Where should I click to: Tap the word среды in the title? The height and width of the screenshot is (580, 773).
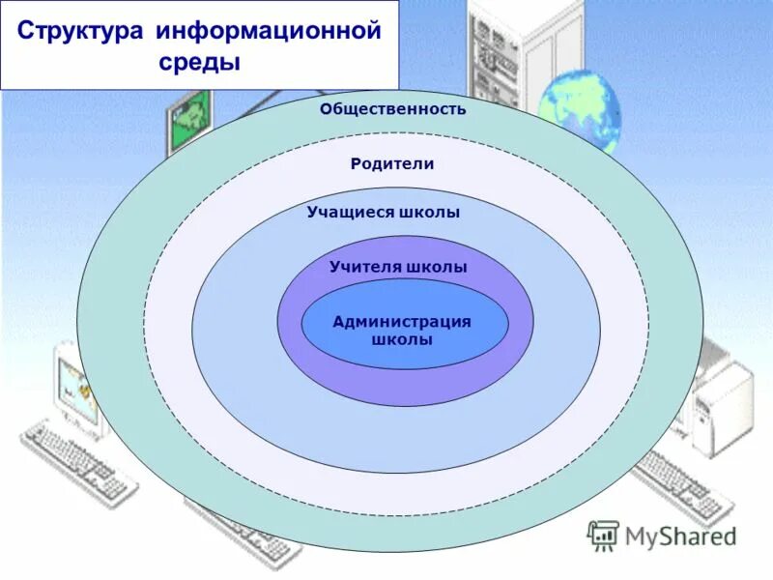pos(199,63)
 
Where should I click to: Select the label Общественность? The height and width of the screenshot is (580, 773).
pos(393,109)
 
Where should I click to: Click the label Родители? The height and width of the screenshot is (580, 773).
pos(392,164)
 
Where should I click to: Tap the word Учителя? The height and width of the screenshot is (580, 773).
pos(364,267)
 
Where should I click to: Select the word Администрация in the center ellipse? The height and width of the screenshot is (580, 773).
pos(402,322)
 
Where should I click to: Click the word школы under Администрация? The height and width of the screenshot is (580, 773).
pos(402,339)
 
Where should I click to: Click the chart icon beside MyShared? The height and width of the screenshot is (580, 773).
pos(604,535)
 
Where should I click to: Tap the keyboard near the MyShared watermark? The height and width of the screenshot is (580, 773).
pos(676,488)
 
